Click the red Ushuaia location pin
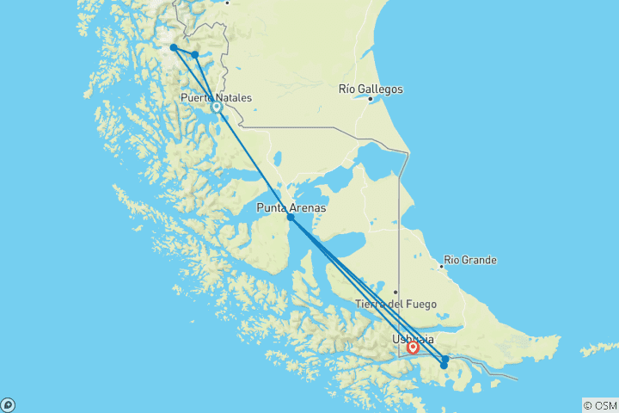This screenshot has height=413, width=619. (x=414, y=348)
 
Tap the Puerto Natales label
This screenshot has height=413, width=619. (x=216, y=98)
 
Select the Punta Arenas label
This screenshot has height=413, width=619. (x=291, y=207)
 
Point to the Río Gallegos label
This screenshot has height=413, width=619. (x=371, y=89)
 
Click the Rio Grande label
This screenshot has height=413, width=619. (x=469, y=260)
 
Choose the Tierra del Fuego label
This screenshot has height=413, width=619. (x=396, y=304)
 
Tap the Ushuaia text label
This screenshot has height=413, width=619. (x=413, y=339)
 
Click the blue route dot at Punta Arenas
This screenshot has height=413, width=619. (x=291, y=218)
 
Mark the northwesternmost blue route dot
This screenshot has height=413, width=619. (x=175, y=48)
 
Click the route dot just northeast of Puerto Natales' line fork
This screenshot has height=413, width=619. (x=195, y=55)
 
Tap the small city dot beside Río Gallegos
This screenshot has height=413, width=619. (x=371, y=99)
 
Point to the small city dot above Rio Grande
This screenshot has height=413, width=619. (x=441, y=266)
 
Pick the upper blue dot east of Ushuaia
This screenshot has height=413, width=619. (x=445, y=359)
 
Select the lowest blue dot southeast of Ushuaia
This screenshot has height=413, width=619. (x=444, y=366)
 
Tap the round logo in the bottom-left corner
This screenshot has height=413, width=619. (x=8, y=404)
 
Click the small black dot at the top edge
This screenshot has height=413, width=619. (x=227, y=3)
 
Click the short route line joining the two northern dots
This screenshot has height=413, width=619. (x=185, y=52)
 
